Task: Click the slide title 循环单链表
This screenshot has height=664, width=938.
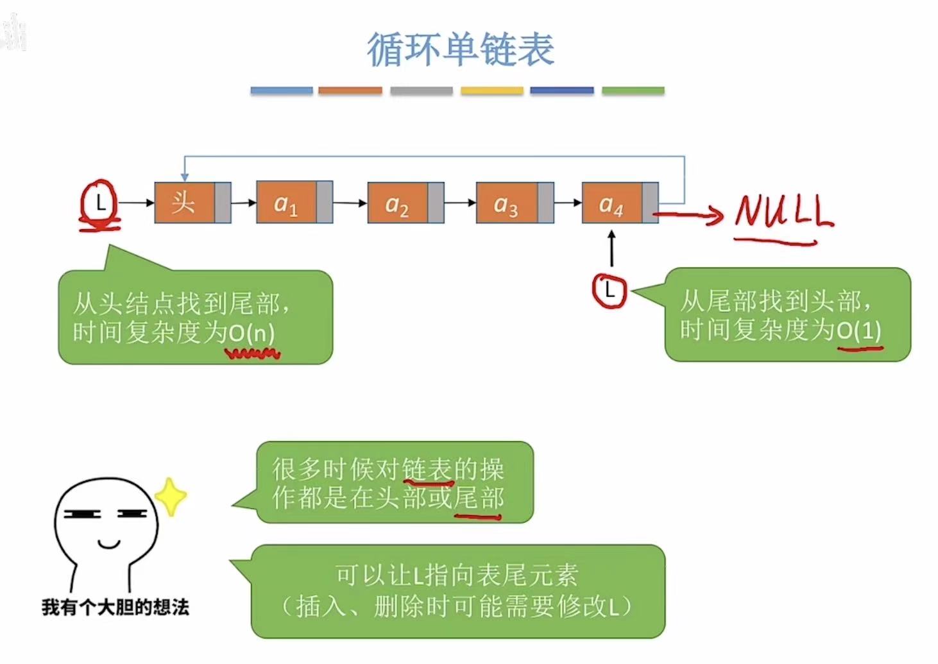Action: [x=460, y=49]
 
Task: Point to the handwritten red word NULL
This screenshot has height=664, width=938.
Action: [x=783, y=212]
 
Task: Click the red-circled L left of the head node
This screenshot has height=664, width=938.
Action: [x=99, y=204]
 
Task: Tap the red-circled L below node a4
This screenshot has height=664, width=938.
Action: [x=609, y=291]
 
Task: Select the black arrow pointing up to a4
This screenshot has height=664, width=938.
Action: [x=611, y=249]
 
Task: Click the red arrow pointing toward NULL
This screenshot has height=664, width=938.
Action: [x=690, y=216]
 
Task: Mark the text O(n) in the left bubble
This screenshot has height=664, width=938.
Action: [x=252, y=333]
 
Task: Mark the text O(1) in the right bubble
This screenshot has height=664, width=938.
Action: [x=859, y=330]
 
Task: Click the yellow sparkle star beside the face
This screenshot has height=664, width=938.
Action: [x=170, y=497]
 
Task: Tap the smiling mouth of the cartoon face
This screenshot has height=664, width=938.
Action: [x=109, y=545]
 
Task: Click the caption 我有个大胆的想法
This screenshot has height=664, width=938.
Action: [x=115, y=607]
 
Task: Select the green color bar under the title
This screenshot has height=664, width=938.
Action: [x=633, y=90]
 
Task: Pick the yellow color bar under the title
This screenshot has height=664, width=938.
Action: [x=492, y=90]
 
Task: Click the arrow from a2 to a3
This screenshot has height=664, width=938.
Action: [x=459, y=203]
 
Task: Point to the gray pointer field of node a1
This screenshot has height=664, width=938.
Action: [x=324, y=203]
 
